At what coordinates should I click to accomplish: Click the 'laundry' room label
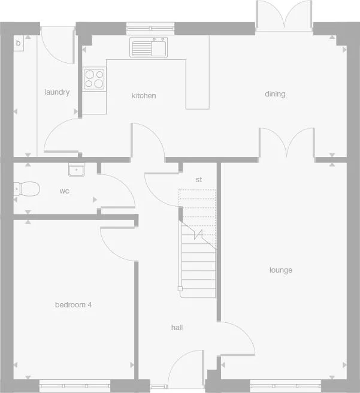pyautogui.click(x=57, y=92)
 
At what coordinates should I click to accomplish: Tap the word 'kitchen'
pyautogui.click(x=144, y=95)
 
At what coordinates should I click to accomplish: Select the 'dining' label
pyautogui.click(x=276, y=94)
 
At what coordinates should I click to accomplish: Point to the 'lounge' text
pyautogui.click(x=280, y=270)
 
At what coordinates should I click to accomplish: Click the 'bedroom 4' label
pyautogui.click(x=73, y=304)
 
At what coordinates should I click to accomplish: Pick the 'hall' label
pyautogui.click(x=177, y=328)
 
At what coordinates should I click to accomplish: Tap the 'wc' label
pyautogui.click(x=64, y=192)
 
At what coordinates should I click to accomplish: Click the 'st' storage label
pyautogui.click(x=199, y=180)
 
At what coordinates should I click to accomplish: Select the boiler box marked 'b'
pyautogui.click(x=18, y=43)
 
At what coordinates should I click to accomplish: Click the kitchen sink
pyautogui.click(x=149, y=47)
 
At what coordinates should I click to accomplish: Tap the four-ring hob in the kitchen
pyautogui.click(x=93, y=78)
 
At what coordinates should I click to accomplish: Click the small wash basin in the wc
pyautogui.click(x=76, y=170)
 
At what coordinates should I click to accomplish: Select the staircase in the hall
pyautogui.click(x=198, y=252)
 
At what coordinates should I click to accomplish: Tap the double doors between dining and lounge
pyautogui.click(x=286, y=144)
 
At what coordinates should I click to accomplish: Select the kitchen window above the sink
pyautogui.click(x=150, y=26)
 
